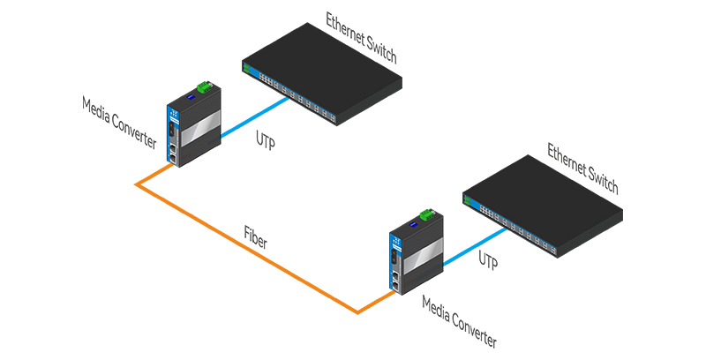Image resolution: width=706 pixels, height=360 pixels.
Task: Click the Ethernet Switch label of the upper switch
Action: tap(361, 38)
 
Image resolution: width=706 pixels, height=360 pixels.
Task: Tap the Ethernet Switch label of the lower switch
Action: tap(582, 169)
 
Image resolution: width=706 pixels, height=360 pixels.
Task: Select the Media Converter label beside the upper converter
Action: tap(119, 123)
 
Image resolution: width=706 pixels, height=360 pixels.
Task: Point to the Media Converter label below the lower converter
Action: tap(460, 322)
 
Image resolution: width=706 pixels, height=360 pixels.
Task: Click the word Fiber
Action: tap(256, 237)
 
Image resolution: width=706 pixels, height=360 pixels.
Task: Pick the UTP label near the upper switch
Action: tap(266, 139)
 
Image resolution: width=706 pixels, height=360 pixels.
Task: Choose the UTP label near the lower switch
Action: tap(488, 260)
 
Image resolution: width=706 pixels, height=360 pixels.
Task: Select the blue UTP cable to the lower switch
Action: tap(476, 246)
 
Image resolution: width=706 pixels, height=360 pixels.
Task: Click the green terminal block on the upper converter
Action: tap(205, 86)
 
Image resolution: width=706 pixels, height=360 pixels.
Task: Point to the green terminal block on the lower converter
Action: tap(427, 214)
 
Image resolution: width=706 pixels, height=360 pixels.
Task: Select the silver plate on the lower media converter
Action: tap(423, 257)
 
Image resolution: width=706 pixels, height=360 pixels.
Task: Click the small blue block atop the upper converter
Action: tap(191, 97)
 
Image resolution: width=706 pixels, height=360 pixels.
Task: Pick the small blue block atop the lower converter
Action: tap(412, 225)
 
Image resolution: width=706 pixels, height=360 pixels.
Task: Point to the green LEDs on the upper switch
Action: tap(247, 68)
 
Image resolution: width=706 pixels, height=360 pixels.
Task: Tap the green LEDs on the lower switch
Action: tap(468, 199)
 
